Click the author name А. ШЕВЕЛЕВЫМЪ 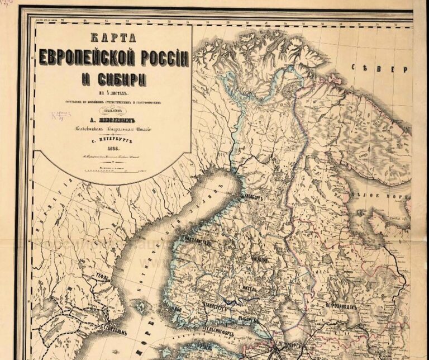[115, 118]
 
